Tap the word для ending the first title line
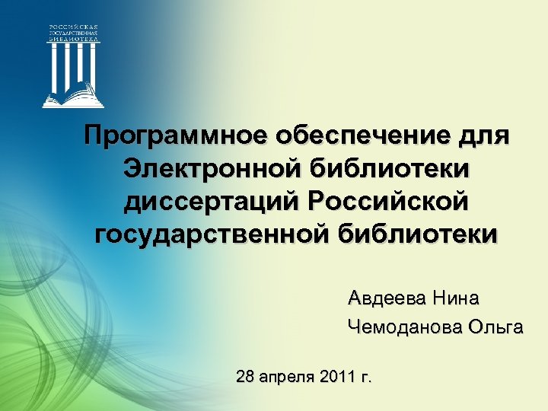(x=481, y=137)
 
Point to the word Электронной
(x=209, y=169)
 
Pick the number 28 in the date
(x=246, y=376)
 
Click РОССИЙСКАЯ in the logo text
(x=74, y=28)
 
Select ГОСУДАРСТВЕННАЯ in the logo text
(x=74, y=34)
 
